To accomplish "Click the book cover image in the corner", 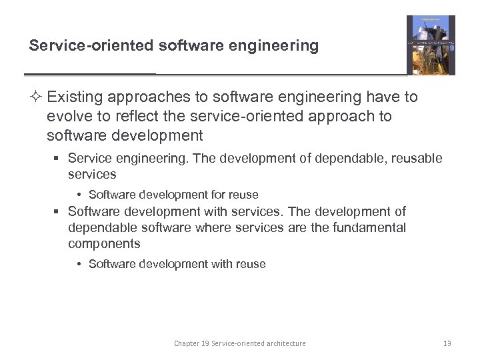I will click(x=431, y=45).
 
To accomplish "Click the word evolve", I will click(x=67, y=117).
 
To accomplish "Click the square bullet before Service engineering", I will click(x=58, y=159).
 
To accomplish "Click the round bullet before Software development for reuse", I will click(x=79, y=195).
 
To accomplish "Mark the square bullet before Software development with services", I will click(x=58, y=212).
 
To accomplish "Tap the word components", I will click(x=104, y=244).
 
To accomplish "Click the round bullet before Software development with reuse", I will click(x=79, y=265).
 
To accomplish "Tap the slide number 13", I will click(x=447, y=343).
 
